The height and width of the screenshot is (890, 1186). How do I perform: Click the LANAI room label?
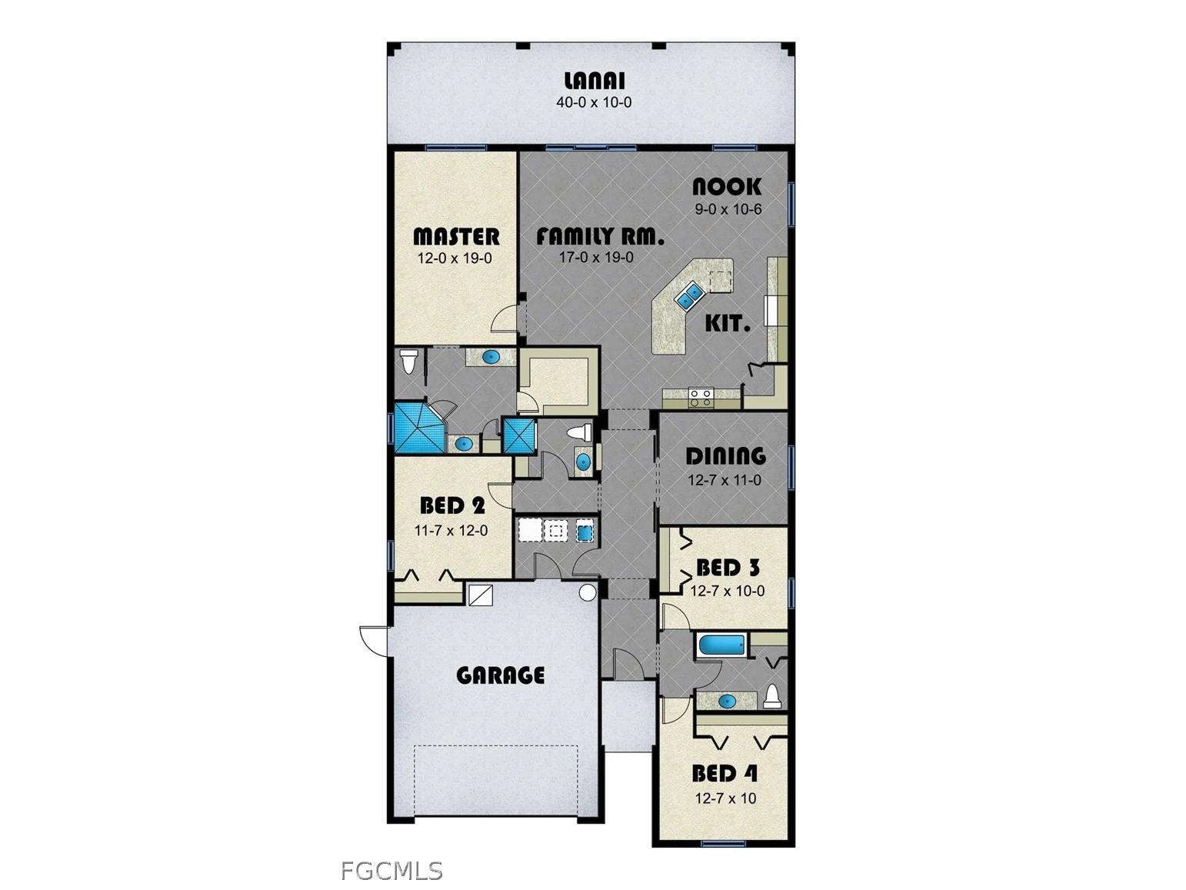[x=594, y=81]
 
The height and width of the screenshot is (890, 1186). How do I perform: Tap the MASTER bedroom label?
[x=456, y=236]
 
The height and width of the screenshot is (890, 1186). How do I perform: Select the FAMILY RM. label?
[x=600, y=236]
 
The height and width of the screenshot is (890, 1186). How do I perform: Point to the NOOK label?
[x=727, y=187]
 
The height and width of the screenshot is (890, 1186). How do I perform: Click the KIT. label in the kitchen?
[x=728, y=324]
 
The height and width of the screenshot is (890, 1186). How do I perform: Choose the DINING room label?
[x=725, y=456]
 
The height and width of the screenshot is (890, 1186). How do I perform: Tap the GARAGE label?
[x=501, y=675]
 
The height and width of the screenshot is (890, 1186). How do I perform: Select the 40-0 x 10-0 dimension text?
[x=594, y=102]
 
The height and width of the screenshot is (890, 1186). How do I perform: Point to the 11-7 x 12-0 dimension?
[x=451, y=530]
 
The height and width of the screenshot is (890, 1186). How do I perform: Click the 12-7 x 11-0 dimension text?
[x=725, y=481]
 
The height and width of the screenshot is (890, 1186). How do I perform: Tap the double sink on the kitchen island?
[x=689, y=295]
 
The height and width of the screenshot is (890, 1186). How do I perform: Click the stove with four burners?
[x=701, y=397]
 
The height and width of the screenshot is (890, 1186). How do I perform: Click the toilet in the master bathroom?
[x=408, y=361]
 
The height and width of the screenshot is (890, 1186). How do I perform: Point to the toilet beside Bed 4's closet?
[x=772, y=696]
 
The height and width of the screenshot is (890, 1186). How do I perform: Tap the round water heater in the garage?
[x=588, y=592]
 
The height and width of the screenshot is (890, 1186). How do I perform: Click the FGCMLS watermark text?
[x=391, y=871]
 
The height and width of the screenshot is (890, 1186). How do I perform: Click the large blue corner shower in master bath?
[x=418, y=427]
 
